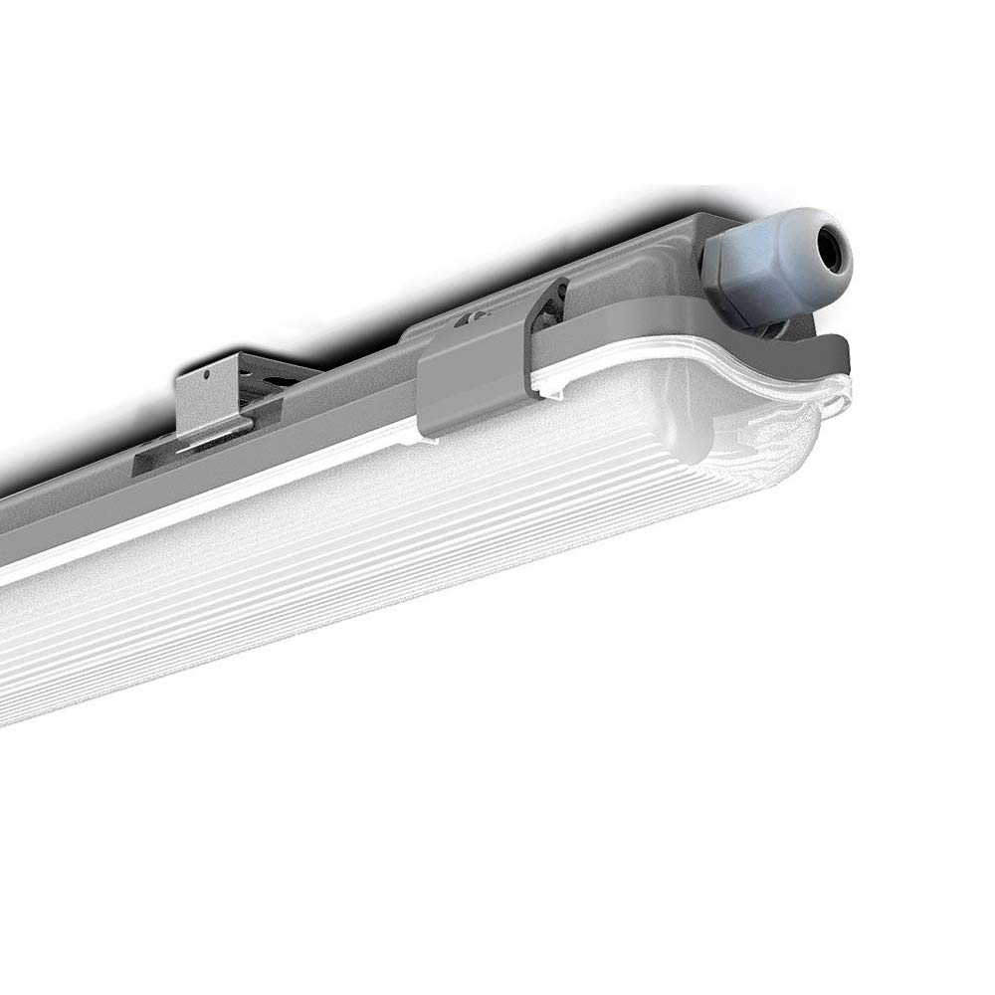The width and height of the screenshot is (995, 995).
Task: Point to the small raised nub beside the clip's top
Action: [x=468, y=321]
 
